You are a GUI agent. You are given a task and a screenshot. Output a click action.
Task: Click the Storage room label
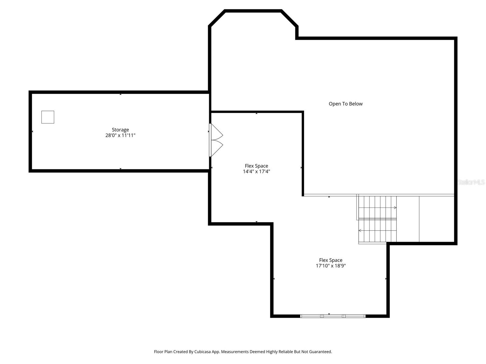pyautogui.click(x=120, y=130)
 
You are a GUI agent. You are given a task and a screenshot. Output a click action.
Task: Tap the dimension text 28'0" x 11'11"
pyautogui.click(x=120, y=135)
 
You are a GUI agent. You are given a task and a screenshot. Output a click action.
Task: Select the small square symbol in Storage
pyautogui.click(x=48, y=117)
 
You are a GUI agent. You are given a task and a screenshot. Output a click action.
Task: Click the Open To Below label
pyautogui.click(x=345, y=104)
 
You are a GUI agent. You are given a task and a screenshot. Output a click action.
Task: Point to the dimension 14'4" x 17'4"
pyautogui.click(x=256, y=171)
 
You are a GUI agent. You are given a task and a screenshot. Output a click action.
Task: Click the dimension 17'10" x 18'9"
pyautogui.click(x=331, y=266)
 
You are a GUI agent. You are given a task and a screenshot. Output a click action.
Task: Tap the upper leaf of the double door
pyautogui.click(x=217, y=132)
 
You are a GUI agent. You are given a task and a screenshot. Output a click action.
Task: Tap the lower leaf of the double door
pyautogui.click(x=217, y=148)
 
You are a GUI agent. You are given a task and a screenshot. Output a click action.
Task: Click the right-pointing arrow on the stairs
pyautogui.click(x=395, y=207)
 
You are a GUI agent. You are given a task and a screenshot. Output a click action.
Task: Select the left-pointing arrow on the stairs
pyautogui.click(x=360, y=231)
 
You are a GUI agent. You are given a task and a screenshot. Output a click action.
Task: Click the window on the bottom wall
pyautogui.click(x=333, y=316)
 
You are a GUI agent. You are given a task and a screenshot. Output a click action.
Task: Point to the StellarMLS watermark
pyautogui.click(x=471, y=182)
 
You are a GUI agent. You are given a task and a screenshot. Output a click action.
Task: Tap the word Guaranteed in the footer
pyautogui.click(x=321, y=352)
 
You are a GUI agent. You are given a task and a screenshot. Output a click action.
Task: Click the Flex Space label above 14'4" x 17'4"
pyautogui.click(x=256, y=166)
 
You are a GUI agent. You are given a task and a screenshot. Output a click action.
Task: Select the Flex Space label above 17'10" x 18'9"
pyautogui.click(x=331, y=260)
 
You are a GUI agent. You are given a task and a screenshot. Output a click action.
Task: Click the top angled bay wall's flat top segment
pyautogui.click(x=253, y=11)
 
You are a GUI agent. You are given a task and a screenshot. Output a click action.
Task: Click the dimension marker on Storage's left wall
pyautogui.click(x=33, y=131)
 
